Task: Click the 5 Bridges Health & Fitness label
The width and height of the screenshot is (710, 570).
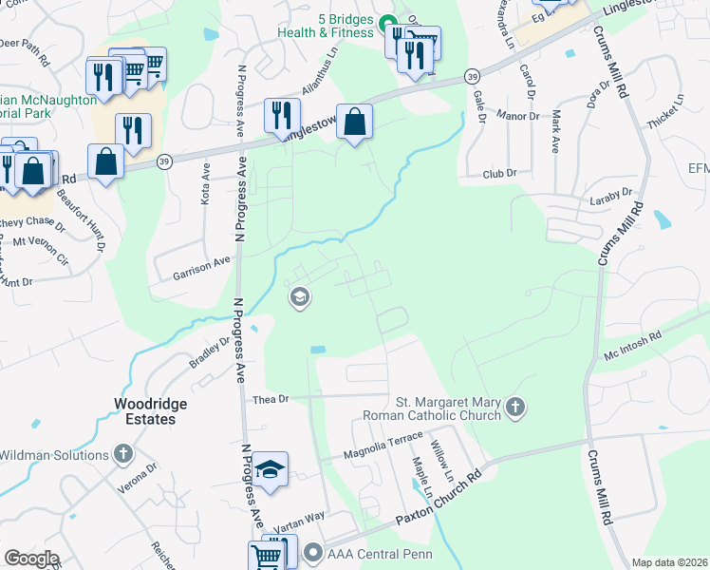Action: point(322,25)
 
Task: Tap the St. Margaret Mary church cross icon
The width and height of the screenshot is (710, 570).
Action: point(514,408)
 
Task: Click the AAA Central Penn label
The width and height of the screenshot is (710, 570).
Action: point(379,555)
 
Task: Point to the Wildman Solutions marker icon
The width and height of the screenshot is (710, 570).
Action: point(123,455)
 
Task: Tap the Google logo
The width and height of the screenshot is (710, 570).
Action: point(31,559)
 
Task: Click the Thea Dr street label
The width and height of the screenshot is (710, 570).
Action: point(271,399)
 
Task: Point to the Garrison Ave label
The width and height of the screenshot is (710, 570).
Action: point(201,266)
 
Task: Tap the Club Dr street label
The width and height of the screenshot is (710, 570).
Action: point(498,173)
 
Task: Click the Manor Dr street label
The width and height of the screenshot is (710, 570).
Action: point(517,114)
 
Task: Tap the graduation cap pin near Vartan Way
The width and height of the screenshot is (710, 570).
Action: point(270,470)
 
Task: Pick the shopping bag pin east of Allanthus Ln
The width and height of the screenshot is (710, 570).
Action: point(354,123)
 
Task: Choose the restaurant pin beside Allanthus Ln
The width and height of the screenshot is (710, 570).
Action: point(281,115)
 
